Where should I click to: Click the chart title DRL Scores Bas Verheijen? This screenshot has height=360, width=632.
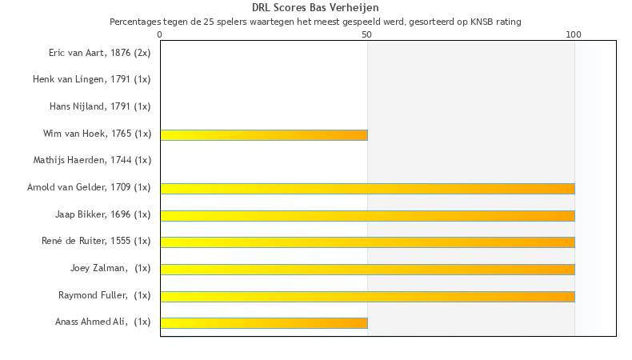click(315, 8)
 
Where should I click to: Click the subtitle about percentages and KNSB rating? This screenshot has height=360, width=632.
click(315, 22)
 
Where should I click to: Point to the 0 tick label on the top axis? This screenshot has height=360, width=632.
click(160, 34)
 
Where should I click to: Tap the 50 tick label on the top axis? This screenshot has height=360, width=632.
click(367, 34)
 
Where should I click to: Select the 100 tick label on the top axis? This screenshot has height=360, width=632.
click(574, 34)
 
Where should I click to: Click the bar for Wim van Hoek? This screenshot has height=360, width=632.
click(264, 135)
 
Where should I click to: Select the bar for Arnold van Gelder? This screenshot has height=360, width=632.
click(367, 189)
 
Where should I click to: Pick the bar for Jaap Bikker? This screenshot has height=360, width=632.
click(367, 215)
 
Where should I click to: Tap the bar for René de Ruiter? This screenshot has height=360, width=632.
click(367, 242)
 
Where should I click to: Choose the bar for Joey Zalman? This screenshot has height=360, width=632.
click(367, 270)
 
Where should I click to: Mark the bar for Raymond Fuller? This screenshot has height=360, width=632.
click(367, 296)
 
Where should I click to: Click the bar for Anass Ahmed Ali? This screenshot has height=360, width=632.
click(264, 323)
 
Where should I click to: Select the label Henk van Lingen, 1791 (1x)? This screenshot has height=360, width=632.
click(91, 79)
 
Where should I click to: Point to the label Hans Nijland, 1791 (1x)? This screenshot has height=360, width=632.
click(100, 106)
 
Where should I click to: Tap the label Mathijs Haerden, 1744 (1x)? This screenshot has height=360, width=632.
click(92, 160)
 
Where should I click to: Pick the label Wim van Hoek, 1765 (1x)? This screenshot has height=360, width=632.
click(97, 134)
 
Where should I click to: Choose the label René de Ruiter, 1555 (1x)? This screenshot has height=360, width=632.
click(96, 241)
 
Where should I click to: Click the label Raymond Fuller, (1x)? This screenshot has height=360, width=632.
click(104, 295)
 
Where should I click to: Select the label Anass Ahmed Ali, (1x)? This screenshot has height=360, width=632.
click(102, 322)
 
